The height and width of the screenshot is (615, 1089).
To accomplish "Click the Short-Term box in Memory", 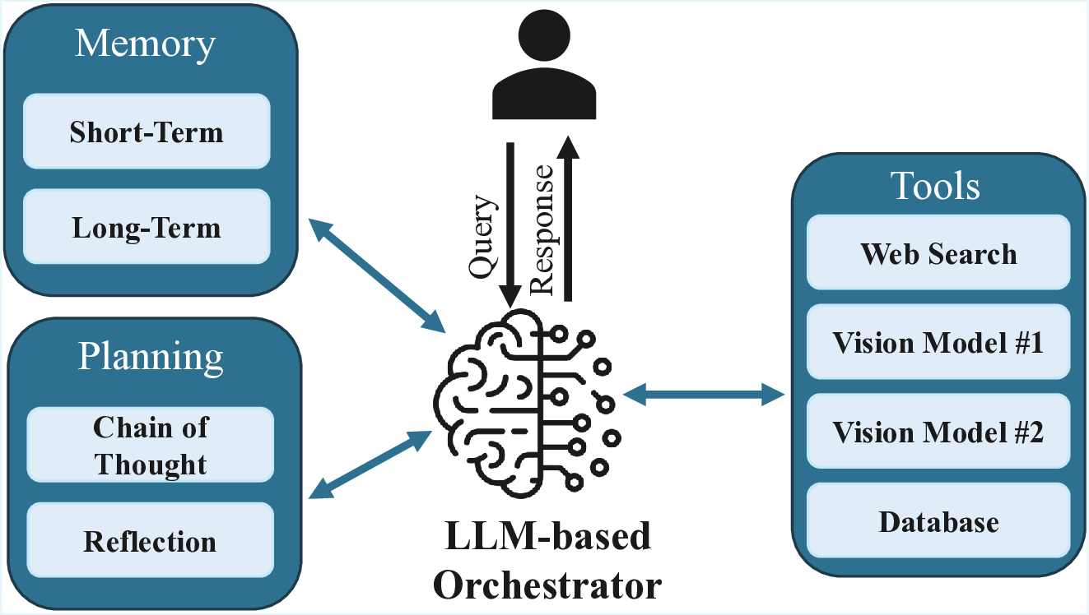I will point(147,132).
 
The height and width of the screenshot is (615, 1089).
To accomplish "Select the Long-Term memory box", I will point(147,227).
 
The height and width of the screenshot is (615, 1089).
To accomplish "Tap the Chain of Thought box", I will point(151,445).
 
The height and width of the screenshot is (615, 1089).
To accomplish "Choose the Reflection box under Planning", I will point(151,541).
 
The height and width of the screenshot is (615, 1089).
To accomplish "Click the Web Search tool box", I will point(938,253).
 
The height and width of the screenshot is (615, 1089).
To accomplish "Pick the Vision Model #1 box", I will point(938,342).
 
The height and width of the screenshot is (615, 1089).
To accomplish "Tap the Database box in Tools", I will point(938,521).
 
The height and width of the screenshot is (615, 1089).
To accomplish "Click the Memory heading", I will point(145,44).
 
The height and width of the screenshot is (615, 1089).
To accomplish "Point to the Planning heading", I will point(151,356).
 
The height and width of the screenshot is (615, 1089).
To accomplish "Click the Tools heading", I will point(937,187).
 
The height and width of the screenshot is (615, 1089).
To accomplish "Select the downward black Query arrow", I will point(510,222).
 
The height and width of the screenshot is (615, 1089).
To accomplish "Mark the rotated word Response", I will point(541,228).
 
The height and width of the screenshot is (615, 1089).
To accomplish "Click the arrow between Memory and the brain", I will point(375,275).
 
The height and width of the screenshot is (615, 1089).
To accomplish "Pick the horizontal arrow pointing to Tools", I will point(704,395).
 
